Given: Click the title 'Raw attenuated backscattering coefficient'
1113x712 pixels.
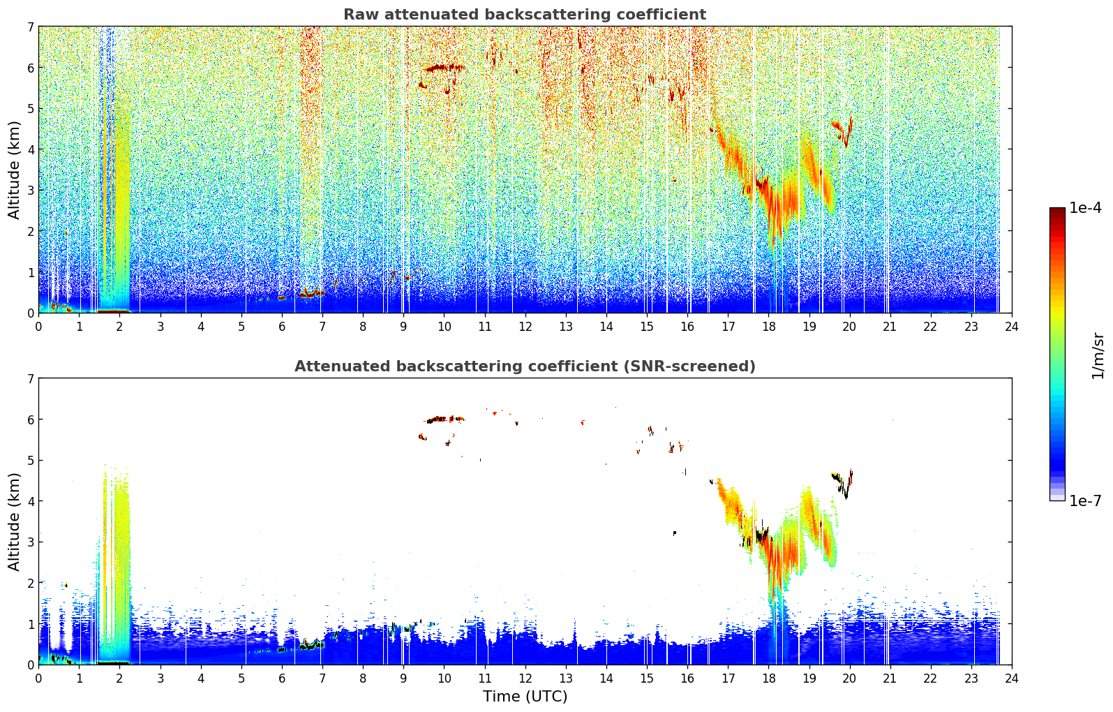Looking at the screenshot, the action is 525,15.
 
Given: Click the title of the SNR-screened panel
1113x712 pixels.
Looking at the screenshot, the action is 525,366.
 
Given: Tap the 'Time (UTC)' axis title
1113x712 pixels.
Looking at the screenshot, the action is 525,696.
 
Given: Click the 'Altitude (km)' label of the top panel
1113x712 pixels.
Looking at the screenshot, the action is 14,170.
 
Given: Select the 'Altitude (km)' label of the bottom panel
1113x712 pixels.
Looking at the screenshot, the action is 14,521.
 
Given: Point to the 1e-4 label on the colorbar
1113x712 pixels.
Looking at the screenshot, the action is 1085,208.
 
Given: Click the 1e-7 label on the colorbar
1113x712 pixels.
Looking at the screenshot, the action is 1085,500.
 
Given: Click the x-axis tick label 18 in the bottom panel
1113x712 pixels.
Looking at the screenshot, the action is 769,678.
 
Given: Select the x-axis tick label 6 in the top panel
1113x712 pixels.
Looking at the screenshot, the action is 282,327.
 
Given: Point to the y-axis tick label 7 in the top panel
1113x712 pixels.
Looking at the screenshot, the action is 31,27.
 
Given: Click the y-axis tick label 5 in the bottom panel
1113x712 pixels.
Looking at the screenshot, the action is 31,461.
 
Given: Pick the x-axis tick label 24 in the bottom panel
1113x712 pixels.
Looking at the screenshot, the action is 1012,678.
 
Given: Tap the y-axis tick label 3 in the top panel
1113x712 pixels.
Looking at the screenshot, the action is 31,191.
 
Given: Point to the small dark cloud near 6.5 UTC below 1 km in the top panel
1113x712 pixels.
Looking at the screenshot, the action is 311,293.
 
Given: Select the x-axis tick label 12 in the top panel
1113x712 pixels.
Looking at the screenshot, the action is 525,327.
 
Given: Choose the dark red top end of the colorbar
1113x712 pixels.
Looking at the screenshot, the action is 1057,210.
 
